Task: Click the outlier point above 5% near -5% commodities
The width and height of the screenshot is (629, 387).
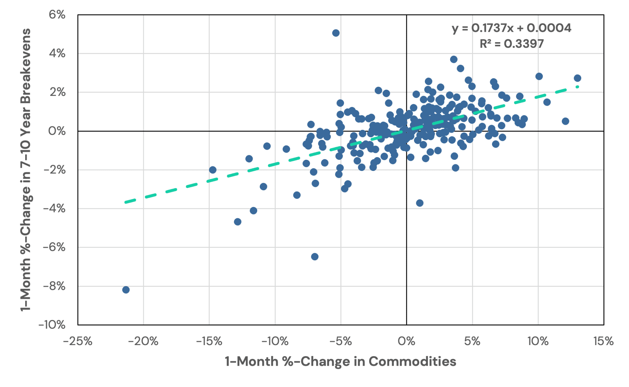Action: pos(336,33)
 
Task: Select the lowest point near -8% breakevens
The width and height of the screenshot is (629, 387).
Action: pos(126,290)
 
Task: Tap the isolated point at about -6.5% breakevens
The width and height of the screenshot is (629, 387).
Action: pos(314,257)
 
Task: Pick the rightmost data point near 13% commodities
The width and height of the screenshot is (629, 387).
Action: pos(577,78)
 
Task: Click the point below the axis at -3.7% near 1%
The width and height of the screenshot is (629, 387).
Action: pos(420,203)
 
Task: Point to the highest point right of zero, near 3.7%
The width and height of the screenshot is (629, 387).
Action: pos(454,59)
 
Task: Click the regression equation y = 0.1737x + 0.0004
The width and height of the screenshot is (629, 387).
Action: pos(511,28)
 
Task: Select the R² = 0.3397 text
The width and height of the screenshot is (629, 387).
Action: pos(511,44)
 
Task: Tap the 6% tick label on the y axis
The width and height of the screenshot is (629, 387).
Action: pos(57,15)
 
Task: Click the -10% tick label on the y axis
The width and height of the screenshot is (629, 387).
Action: pos(52,325)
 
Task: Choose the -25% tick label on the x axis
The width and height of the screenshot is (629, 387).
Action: pos(78,341)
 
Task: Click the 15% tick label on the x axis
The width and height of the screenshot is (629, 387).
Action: pos(603,341)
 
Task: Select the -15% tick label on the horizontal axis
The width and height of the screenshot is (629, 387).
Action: pos(209,341)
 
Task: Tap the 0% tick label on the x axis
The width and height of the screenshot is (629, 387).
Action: pos(406,341)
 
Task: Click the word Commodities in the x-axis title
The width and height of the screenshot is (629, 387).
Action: pos(412,362)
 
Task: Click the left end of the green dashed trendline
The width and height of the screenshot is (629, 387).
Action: pos(126,202)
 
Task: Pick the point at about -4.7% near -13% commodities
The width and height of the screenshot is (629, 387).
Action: pos(238,222)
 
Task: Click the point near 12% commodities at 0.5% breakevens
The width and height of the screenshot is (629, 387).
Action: pos(565,121)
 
